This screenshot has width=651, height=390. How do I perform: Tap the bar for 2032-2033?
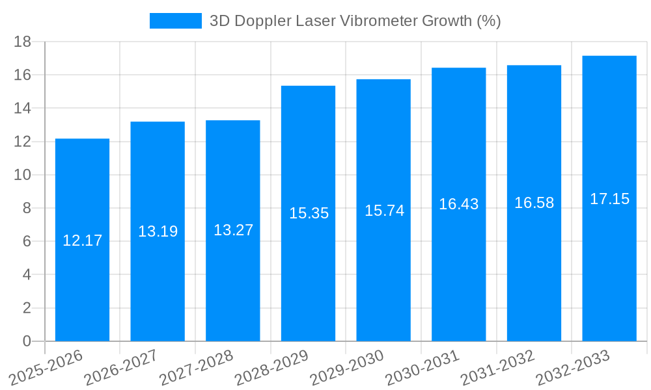[x=609, y=273]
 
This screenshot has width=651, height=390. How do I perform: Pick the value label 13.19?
[x=158, y=231]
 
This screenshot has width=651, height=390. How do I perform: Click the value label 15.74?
[x=384, y=211]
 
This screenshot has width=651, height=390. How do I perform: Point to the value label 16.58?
[x=534, y=203]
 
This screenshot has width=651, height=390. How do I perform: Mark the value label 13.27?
[x=233, y=230]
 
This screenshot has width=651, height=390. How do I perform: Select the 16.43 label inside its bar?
[x=458, y=204]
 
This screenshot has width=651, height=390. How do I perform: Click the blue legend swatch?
[x=176, y=21]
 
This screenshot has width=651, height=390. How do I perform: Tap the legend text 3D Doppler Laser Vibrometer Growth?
[x=355, y=21]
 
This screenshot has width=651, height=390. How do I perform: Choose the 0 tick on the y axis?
[x=27, y=341]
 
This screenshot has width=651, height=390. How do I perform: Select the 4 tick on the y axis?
[x=27, y=274]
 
